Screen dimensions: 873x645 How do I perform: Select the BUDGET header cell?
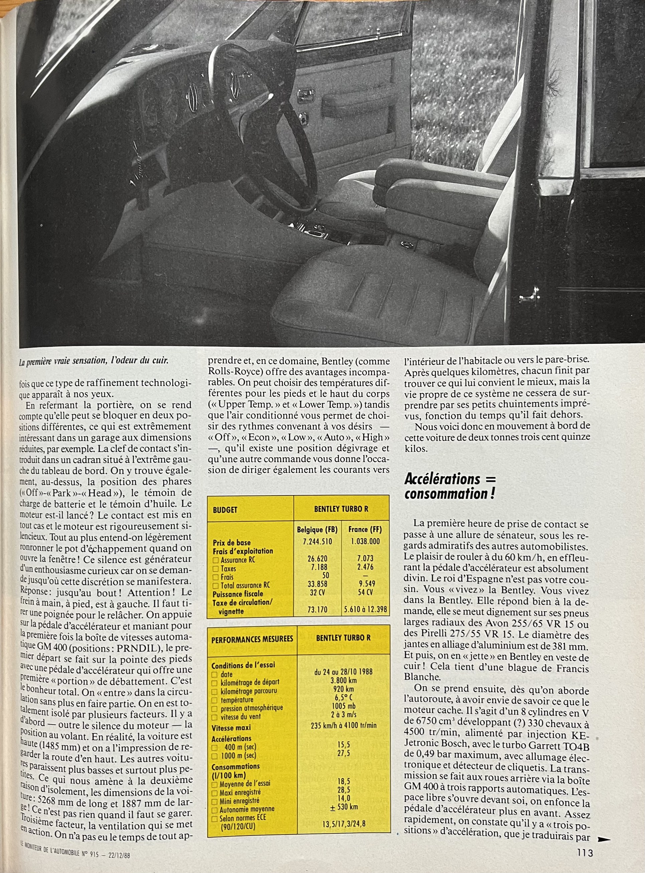pyautogui.click(x=225, y=510)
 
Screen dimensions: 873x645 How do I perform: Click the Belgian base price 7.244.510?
pyautogui.click(x=317, y=541)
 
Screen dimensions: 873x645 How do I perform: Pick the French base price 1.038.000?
pyautogui.click(x=366, y=541)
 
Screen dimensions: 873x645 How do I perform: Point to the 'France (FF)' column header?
pyautogui.click(x=365, y=530)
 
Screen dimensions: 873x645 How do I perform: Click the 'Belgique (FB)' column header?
pyautogui.click(x=317, y=530)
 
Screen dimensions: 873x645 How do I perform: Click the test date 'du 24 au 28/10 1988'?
pyautogui.click(x=343, y=672)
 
